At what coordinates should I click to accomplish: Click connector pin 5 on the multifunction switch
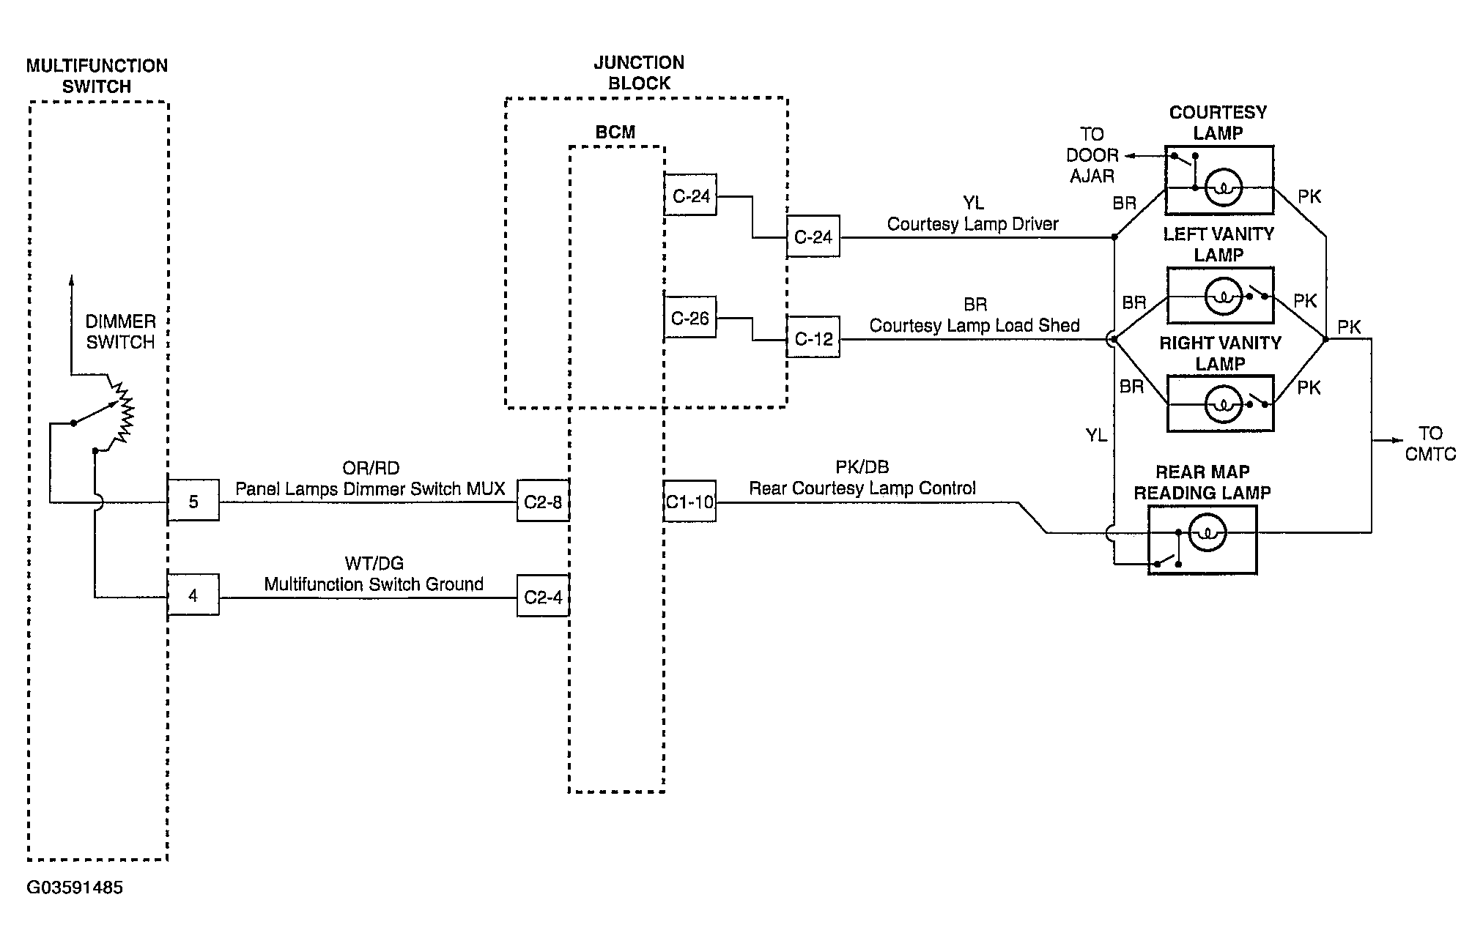193,501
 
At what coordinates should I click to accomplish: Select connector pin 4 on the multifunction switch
193,595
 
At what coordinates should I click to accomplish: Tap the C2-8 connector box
543,501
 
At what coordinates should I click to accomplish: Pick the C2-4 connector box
543,596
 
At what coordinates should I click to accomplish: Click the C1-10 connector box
689,501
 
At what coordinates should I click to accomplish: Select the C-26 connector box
689,317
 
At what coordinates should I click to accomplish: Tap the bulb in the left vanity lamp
1222,297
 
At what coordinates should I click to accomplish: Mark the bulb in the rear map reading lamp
1207,534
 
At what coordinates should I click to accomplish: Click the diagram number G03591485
75,887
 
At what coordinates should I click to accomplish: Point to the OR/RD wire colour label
371,468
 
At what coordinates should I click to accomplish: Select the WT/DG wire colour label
374,563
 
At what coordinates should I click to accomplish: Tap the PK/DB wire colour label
862,467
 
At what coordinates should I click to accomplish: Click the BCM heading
615,132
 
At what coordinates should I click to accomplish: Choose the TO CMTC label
1430,444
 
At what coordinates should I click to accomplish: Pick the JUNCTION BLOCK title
639,73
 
